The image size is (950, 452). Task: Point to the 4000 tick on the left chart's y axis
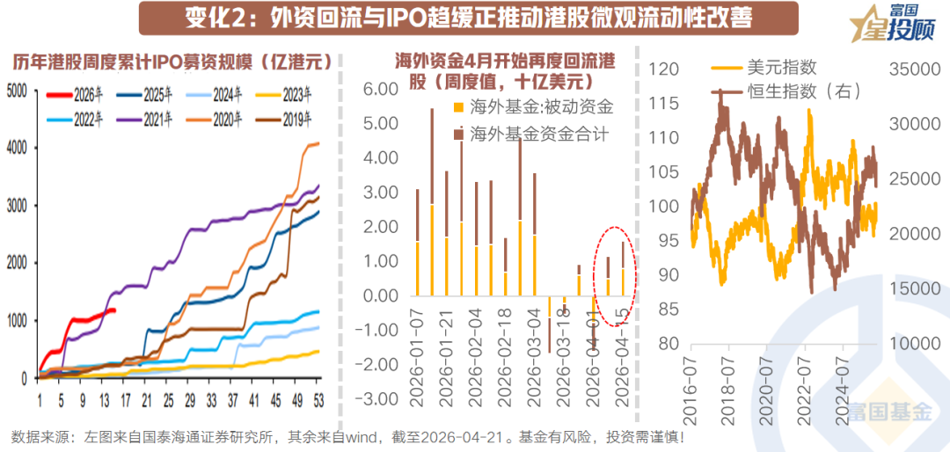[x=17, y=148]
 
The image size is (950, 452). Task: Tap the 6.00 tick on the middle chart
[x=381, y=90]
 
